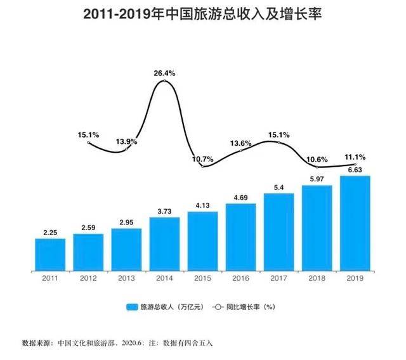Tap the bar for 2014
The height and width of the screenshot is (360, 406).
164,241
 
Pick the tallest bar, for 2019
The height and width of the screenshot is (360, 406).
355,221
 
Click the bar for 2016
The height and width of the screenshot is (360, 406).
240,235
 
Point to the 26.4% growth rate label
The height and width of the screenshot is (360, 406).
164,74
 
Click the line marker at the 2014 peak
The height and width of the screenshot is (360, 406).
164,81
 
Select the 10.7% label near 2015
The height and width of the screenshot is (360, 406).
202,158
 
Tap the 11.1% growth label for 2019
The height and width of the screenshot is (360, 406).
354,156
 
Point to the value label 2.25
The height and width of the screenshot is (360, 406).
50,232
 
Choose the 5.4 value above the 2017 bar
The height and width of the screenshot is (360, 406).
278,187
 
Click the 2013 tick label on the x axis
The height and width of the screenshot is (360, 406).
126,278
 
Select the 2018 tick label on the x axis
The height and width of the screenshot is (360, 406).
317,278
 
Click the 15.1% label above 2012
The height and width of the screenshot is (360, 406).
88,134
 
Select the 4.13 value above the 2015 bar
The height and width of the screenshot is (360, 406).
202,205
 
